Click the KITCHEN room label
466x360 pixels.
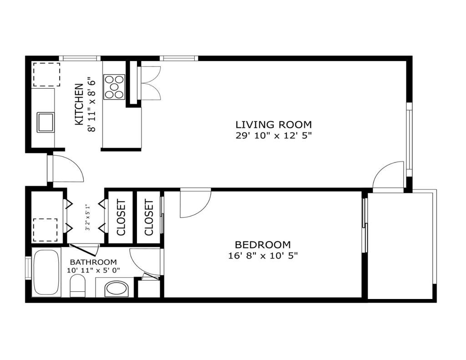coord(79,104)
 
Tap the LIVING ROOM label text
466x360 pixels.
coord(274,124)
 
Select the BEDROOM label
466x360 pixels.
coord(263,245)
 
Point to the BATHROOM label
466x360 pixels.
coord(93,262)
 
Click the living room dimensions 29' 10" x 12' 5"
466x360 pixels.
coord(274,136)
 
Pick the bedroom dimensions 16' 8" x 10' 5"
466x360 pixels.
coord(263,256)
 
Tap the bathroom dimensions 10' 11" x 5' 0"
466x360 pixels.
coord(93,270)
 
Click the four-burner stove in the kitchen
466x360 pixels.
coord(114,86)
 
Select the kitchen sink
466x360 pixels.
coord(46,122)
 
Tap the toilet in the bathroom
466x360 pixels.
coord(78,287)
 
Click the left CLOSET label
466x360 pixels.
coord(121,217)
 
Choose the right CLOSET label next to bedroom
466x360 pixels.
coord(149,217)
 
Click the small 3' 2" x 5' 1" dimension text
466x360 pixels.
coord(88,218)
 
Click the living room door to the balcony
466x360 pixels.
coord(389,175)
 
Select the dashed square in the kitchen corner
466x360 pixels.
coord(46,74)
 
